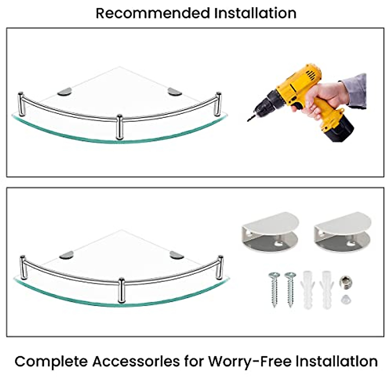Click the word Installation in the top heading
tap(255, 13)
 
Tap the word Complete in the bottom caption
tap(51, 362)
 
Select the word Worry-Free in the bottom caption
tap(250, 362)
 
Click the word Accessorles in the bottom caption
tap(136, 362)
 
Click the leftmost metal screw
tap(274, 289)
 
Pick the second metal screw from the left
tap(290, 289)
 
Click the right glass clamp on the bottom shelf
tap(177, 255)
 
